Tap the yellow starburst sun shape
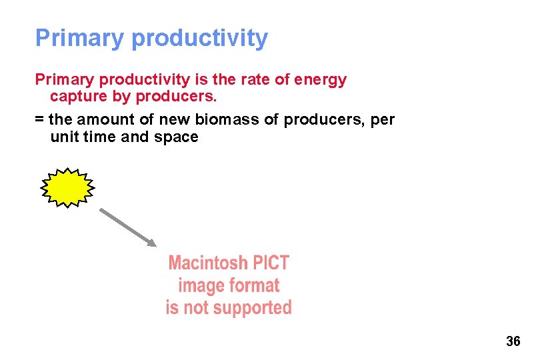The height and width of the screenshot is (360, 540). click(67, 187)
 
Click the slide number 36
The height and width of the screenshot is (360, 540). click(513, 341)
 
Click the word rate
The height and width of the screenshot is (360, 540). click(259, 80)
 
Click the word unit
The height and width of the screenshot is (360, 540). click(64, 137)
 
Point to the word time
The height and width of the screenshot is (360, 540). click(98, 137)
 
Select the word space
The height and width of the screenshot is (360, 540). click(176, 138)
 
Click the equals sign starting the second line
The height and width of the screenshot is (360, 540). click(39, 120)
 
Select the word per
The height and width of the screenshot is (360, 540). click(383, 121)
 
